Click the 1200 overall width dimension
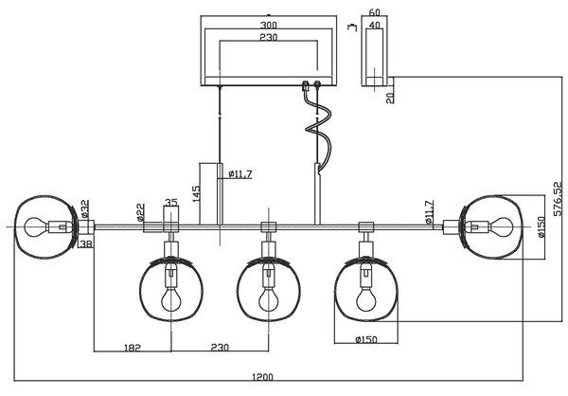pyautogui.click(x=262, y=377)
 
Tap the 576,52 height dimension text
pyautogui.click(x=559, y=199)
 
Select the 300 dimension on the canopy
pyautogui.click(x=269, y=25)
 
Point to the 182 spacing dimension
pyautogui.click(x=132, y=348)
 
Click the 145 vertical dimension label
pyautogui.click(x=196, y=193)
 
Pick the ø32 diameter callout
pyautogui.click(x=84, y=208)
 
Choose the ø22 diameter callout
pyautogui.click(x=140, y=212)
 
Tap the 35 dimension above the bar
pyautogui.click(x=171, y=203)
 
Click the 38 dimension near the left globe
pyautogui.click(x=86, y=244)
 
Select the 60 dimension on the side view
pyautogui.click(x=374, y=12)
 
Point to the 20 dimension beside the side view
pyautogui.click(x=390, y=98)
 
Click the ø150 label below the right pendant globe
pyautogui.click(x=366, y=340)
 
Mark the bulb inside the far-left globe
pyautogui.click(x=36, y=227)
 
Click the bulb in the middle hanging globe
pyautogui.click(x=269, y=298)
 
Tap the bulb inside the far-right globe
pyautogui.click(x=501, y=227)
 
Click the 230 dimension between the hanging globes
pyautogui.click(x=220, y=348)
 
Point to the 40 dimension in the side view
pyautogui.click(x=374, y=25)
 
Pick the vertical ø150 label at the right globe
pyautogui.click(x=541, y=227)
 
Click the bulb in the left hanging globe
pyautogui.click(x=171, y=298)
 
